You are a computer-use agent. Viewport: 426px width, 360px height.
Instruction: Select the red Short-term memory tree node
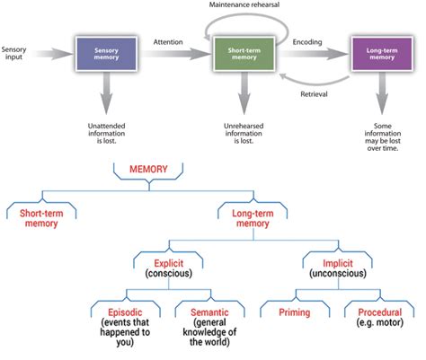pos(42,217)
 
